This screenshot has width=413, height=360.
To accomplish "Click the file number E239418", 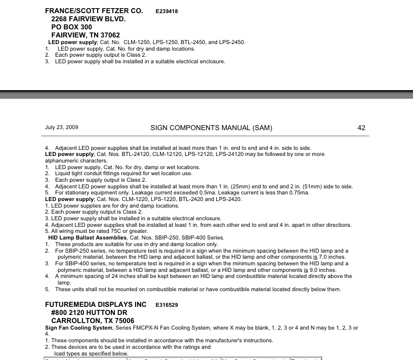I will pos(167,11).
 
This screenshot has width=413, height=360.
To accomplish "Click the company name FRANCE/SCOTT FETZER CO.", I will pos(94,11).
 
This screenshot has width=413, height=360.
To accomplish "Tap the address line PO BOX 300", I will pos(72,27).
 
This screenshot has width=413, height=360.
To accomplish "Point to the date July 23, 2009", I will pos(62,128).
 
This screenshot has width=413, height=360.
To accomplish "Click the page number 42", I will pos(361,128).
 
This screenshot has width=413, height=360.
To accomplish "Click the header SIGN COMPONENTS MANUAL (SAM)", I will pos(208,128).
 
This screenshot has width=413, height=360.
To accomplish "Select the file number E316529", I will pos(167,305).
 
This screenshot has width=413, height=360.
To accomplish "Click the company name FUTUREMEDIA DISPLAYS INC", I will pos(96,305).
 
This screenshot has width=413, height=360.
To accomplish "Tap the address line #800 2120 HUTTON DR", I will pos(90,313).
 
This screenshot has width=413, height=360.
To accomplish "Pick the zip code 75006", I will pos(123,321).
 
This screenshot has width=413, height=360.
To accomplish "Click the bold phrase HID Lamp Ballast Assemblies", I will pos(88,237).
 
